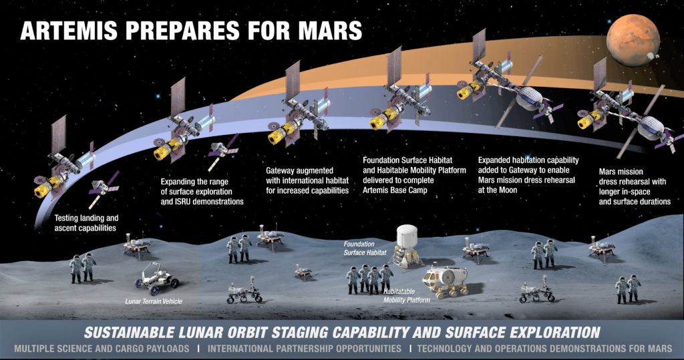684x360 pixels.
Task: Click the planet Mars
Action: pos(633,40)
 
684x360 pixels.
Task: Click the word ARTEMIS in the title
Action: pos(69,31)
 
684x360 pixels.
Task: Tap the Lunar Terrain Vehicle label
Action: pos(154,301)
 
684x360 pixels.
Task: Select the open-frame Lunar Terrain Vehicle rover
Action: pos(156,278)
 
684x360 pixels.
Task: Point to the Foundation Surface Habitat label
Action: pos(365,248)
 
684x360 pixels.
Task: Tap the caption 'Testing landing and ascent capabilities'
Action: pos(86,223)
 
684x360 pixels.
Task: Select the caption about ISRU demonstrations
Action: pos(202,192)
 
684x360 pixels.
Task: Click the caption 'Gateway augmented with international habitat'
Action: pos(307,180)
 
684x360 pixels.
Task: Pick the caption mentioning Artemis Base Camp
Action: pos(414,175)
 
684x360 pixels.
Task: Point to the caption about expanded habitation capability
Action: pos(528,175)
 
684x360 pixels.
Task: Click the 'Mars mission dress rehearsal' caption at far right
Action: pos(635,186)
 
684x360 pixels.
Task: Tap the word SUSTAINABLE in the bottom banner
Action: pos(129,333)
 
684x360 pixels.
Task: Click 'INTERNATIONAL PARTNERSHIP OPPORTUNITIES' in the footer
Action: pos(305,349)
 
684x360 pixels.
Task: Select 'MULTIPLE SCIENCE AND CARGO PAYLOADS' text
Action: pos(102,349)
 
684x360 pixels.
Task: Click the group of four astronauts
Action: pos(369,279)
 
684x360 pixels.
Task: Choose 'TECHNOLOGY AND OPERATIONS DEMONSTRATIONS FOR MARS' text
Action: pos(544,349)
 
